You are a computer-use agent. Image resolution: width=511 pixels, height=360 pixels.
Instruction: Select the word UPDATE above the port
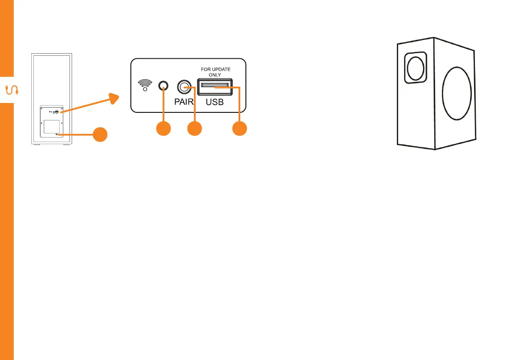221,68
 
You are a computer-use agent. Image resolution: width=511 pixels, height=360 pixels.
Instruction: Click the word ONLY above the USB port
215,74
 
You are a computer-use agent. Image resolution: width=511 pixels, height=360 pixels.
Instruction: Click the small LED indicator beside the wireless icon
163,86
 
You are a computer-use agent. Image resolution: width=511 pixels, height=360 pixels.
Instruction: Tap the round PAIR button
184,87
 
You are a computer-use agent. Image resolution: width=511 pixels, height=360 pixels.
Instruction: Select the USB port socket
215,88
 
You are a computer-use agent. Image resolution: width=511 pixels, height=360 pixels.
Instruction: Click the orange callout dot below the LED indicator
163,129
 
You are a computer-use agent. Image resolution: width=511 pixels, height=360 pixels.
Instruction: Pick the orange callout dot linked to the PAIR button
195,129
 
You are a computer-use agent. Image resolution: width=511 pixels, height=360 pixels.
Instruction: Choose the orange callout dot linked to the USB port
240,129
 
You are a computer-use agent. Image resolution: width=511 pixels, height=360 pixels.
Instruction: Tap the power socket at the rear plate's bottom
57,134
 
